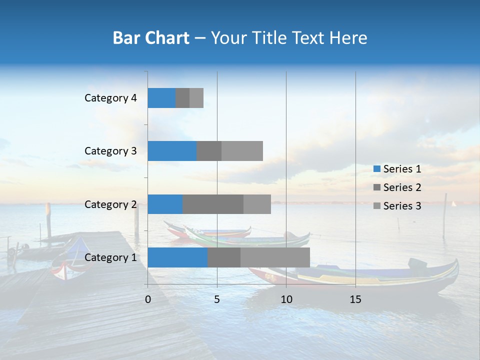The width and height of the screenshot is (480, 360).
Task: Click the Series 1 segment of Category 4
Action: pyautogui.click(x=161, y=98)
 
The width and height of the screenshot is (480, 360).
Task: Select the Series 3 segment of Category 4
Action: pyautogui.click(x=196, y=98)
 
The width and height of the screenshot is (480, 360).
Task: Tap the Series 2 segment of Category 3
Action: pyautogui.click(x=209, y=151)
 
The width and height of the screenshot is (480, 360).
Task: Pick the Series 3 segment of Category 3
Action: pyautogui.click(x=242, y=151)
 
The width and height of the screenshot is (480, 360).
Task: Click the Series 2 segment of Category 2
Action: pyautogui.click(x=213, y=204)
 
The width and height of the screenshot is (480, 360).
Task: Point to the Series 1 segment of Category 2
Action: pyautogui.click(x=165, y=204)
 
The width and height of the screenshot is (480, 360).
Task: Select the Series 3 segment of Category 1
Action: pyautogui.click(x=275, y=257)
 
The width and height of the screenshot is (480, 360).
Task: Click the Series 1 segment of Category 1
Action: pyautogui.click(x=177, y=257)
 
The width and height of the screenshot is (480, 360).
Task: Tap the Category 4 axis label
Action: pyautogui.click(x=110, y=98)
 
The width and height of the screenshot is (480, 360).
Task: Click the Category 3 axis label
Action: pyautogui.click(x=110, y=151)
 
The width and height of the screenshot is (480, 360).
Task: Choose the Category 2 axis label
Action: pyautogui.click(x=110, y=204)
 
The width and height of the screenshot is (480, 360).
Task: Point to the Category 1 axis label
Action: pyautogui.click(x=110, y=257)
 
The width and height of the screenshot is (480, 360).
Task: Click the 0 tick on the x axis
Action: pyautogui.click(x=148, y=299)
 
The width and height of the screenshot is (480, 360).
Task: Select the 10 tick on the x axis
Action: pyautogui.click(x=286, y=299)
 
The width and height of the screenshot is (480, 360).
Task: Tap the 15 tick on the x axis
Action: pyautogui.click(x=355, y=299)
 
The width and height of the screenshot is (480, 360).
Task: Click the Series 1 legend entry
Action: pyautogui.click(x=397, y=169)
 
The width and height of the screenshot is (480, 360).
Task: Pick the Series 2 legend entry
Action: pyautogui.click(x=397, y=187)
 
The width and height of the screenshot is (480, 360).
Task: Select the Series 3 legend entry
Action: pyautogui.click(x=397, y=206)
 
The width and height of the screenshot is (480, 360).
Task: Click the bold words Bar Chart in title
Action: pyautogui.click(x=151, y=38)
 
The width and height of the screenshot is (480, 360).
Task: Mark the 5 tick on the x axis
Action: pyautogui.click(x=217, y=299)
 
